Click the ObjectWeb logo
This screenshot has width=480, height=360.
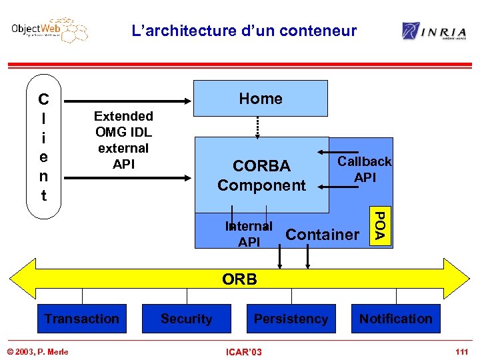tap(49, 31)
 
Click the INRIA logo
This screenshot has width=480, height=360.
tap(434, 31)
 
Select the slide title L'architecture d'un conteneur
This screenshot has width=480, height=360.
tap(244, 31)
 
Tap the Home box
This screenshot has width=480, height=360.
tap(261, 99)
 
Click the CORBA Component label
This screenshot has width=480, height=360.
tap(261, 175)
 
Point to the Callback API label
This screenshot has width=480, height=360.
tap(365, 169)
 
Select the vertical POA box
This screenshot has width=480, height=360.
tap(379, 226)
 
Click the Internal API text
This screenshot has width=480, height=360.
tap(249, 234)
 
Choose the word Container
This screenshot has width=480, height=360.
tap(322, 235)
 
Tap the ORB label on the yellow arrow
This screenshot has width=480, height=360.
tap(239, 279)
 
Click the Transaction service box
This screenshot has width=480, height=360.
tap(81, 319)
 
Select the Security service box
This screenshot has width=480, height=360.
tap(187, 319)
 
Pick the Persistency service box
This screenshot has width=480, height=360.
tap(291, 319)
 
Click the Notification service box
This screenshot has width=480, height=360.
tap(395, 319)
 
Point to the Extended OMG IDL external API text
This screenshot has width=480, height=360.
tap(123, 140)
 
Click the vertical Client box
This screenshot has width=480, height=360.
tap(43, 148)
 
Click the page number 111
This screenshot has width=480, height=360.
tap(461, 351)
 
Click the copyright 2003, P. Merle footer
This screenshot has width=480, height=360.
tap(38, 351)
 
